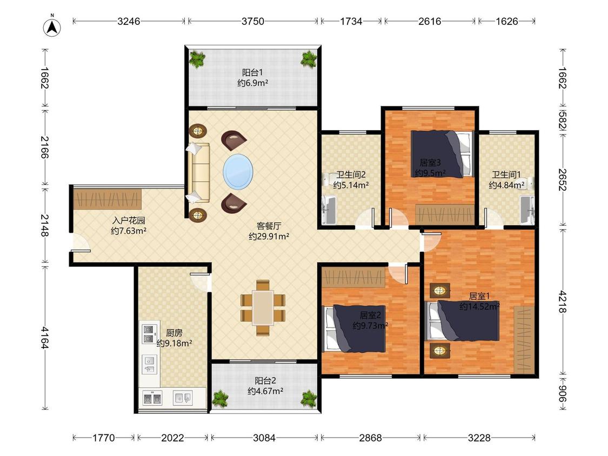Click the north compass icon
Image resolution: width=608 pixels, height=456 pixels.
click(x=52, y=27)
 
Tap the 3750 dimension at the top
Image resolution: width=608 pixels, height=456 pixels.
click(x=253, y=21)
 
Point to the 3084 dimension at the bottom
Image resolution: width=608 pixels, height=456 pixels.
click(x=264, y=438)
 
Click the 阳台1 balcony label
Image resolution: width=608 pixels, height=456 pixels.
click(x=252, y=72)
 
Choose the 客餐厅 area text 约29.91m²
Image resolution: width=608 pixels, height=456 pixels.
click(x=269, y=236)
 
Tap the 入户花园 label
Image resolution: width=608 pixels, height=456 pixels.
click(x=128, y=220)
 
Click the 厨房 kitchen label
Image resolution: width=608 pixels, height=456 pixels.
click(x=174, y=333)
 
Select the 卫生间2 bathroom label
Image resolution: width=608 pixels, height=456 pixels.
click(x=351, y=175)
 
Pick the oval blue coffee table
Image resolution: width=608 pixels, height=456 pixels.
click(x=238, y=171)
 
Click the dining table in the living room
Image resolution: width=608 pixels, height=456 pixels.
click(x=263, y=307)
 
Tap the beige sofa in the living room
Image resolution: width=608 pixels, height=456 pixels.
click(x=199, y=172)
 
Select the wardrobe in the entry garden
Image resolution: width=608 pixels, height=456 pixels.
click(x=108, y=199)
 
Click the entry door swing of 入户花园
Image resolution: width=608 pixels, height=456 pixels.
click(x=81, y=243)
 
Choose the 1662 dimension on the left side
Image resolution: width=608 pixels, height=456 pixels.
click(x=45, y=78)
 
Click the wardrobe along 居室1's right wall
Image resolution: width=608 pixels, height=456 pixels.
click(x=524, y=340)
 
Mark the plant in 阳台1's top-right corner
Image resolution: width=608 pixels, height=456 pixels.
click(x=309, y=59)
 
